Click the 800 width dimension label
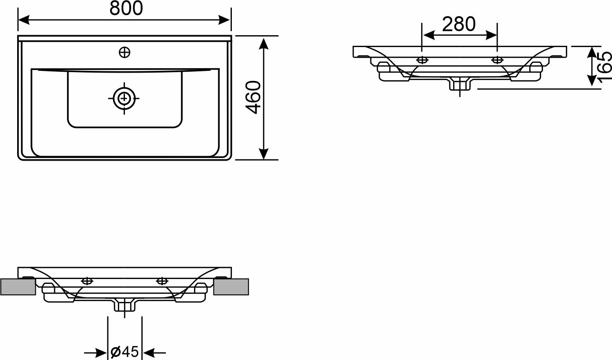[x=126, y=8]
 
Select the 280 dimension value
[x=459, y=25]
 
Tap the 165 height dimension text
[x=605, y=65]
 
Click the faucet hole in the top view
[x=125, y=53]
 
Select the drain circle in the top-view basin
[x=124, y=99]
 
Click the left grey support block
[x=18, y=287]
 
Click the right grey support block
[x=231, y=287]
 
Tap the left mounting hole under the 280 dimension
[x=422, y=59]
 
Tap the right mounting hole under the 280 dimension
[x=498, y=59]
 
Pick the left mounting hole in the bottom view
[x=87, y=281]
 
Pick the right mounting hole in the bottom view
[x=162, y=281]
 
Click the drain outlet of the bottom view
[x=125, y=305]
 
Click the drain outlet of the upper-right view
[x=460, y=84]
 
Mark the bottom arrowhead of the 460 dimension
[x=263, y=154]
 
